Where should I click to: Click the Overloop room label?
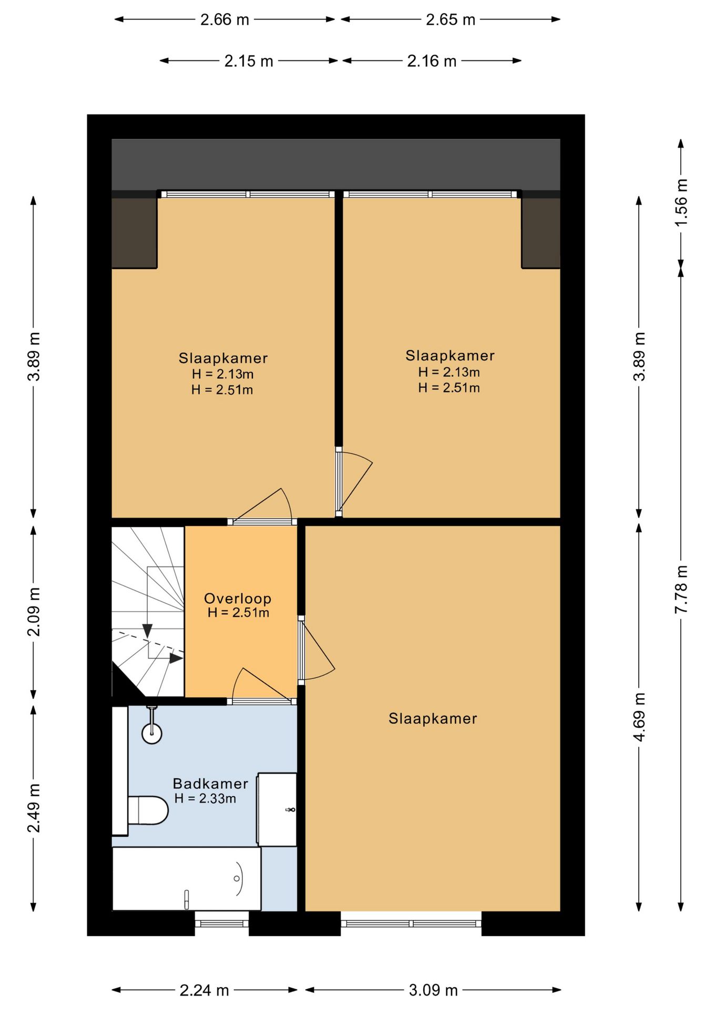[238, 599]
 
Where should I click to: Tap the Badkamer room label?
[210, 784]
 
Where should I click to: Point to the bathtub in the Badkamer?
[187, 878]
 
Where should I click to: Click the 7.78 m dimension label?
[681, 589]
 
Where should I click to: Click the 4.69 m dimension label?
[639, 717]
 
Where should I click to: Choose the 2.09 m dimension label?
[34, 612]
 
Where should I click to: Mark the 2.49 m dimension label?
[34, 808]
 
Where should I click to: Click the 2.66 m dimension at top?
[225, 19]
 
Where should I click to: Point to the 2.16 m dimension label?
[432, 61]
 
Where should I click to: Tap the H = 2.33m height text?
[205, 799]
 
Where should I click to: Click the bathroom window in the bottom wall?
[222, 923]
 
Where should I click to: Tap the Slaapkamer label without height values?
[433, 719]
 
